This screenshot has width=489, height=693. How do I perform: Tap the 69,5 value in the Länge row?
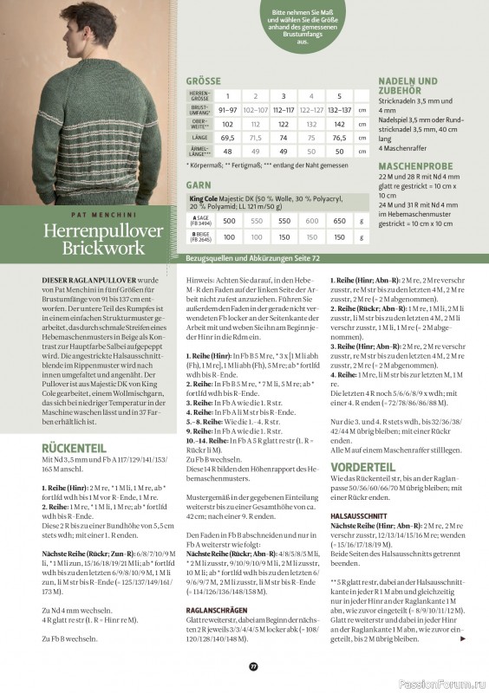coord(229,137)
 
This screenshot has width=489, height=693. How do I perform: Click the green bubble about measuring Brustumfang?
coord(303,25)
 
